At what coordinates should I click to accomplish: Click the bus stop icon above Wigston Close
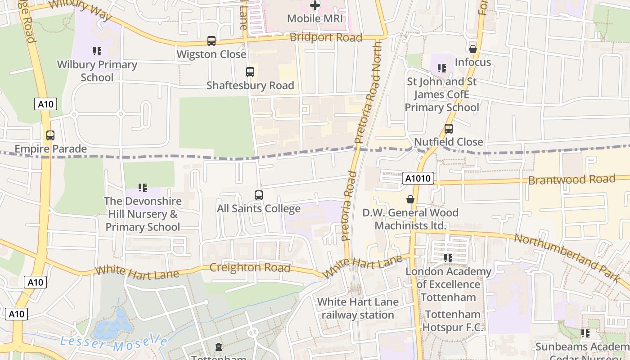click(211, 41)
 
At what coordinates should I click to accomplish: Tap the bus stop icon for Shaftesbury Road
click(250, 72)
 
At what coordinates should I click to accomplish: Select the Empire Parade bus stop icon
click(50, 135)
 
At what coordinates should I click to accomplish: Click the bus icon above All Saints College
click(259, 195)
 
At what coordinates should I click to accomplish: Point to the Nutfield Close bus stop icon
click(449, 129)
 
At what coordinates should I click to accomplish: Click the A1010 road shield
click(418, 179)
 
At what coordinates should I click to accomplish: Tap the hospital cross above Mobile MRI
click(315, 6)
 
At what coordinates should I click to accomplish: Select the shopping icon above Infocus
click(473, 49)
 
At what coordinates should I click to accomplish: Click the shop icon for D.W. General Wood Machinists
click(410, 199)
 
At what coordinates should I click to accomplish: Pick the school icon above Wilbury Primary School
click(97, 51)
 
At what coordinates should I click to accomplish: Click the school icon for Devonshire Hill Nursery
click(143, 187)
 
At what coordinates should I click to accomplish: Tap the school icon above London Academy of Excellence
click(448, 258)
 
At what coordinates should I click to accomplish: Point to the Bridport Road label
click(326, 37)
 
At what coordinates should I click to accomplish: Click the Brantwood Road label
click(571, 180)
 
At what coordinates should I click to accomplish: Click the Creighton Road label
click(250, 267)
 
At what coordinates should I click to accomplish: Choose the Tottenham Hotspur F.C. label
click(454, 321)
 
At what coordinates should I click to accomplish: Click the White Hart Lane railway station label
click(358, 308)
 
